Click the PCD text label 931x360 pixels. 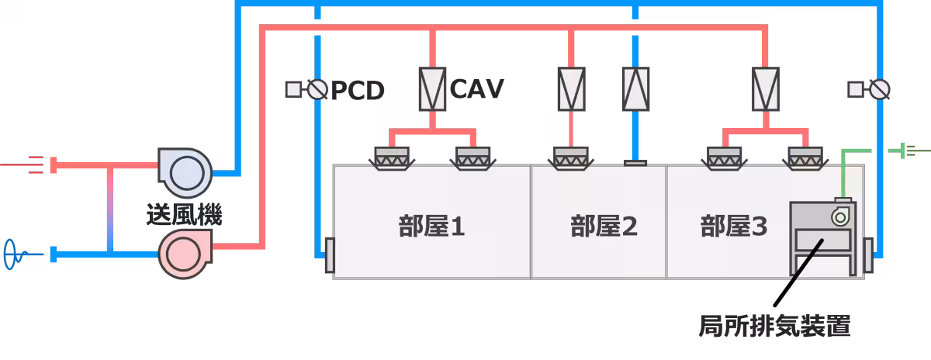point(358,91)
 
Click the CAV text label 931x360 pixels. point(477,88)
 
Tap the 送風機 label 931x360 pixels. point(184,214)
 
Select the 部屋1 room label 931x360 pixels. point(431,227)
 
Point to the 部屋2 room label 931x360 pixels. point(604,227)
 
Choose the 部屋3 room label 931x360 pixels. point(734,227)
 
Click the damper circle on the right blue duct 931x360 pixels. point(878,90)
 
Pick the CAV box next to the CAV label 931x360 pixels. point(431,88)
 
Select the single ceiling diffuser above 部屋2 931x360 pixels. point(570,158)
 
